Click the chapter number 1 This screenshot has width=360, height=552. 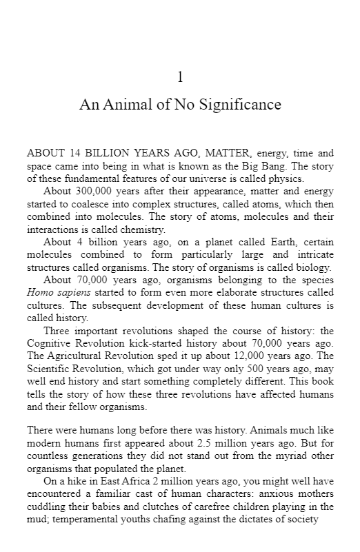click(x=180, y=77)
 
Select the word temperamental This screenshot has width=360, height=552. click(x=71, y=519)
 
